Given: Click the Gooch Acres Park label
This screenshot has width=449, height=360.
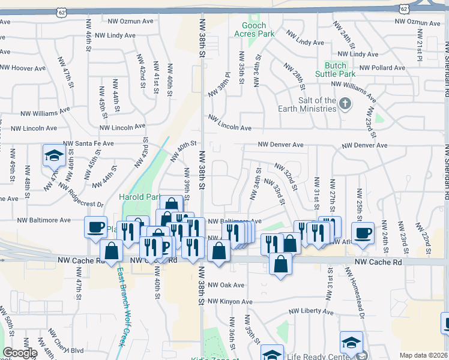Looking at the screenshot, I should [258, 29].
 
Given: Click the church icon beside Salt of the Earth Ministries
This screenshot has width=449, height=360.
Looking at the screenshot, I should [345, 104].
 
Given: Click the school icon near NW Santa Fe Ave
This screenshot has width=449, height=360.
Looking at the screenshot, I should [54, 156].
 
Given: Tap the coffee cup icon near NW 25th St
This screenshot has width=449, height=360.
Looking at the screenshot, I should [363, 232].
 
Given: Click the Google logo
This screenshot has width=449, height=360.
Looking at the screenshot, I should [20, 353].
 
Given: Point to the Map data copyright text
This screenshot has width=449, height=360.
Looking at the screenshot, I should [423, 355].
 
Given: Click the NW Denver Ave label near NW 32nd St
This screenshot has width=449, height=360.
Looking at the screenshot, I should [281, 145].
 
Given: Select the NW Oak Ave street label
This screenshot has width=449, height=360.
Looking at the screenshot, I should [226, 285].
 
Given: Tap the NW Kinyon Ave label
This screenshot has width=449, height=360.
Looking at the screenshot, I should [231, 301].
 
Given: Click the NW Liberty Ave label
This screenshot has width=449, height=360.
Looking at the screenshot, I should [311, 311].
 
